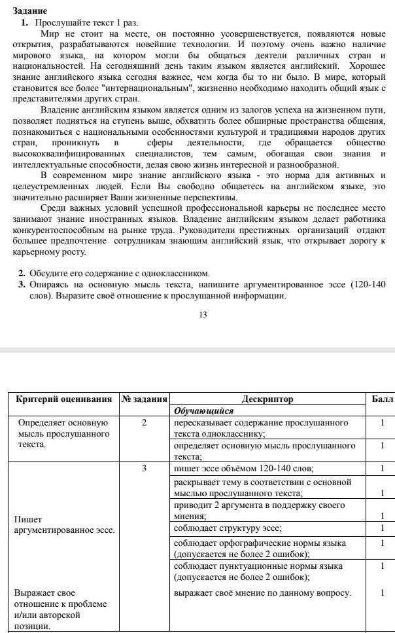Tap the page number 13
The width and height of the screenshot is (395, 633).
click(202, 315)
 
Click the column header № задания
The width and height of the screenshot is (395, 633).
click(145, 399)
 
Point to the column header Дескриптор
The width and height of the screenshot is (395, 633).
click(267, 399)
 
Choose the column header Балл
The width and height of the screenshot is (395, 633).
click(382, 399)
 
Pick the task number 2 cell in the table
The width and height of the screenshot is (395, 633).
click(144, 423)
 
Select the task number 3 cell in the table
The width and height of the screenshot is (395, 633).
click(144, 468)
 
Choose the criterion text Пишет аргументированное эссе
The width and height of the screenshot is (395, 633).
click(63, 524)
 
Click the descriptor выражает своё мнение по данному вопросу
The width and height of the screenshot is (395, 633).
click(262, 593)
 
